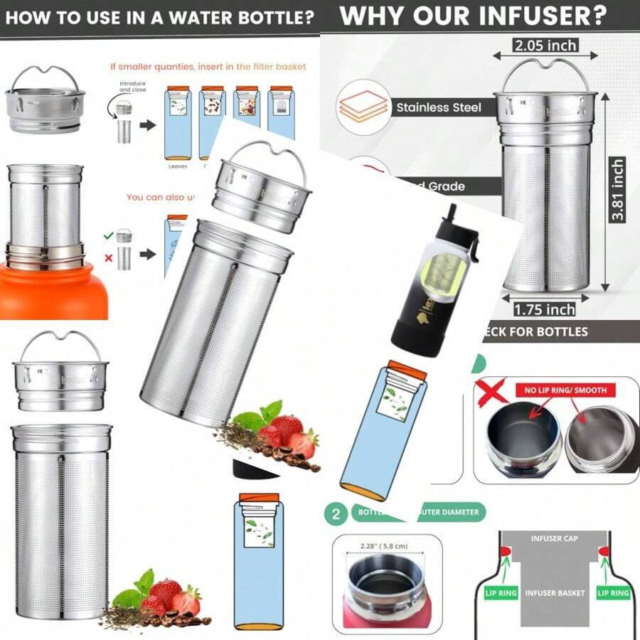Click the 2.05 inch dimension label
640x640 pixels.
point(545,46)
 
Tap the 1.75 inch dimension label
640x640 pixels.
point(545,310)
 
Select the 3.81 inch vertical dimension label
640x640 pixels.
point(617,190)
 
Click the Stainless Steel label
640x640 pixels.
point(439,107)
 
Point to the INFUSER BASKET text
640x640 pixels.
point(554,592)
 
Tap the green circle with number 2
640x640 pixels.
point(336,513)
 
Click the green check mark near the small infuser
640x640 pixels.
point(108,235)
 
